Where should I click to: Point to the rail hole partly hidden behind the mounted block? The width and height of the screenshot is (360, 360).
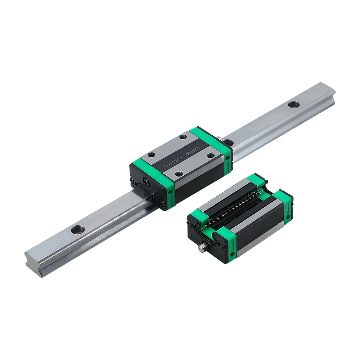point(231,142)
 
